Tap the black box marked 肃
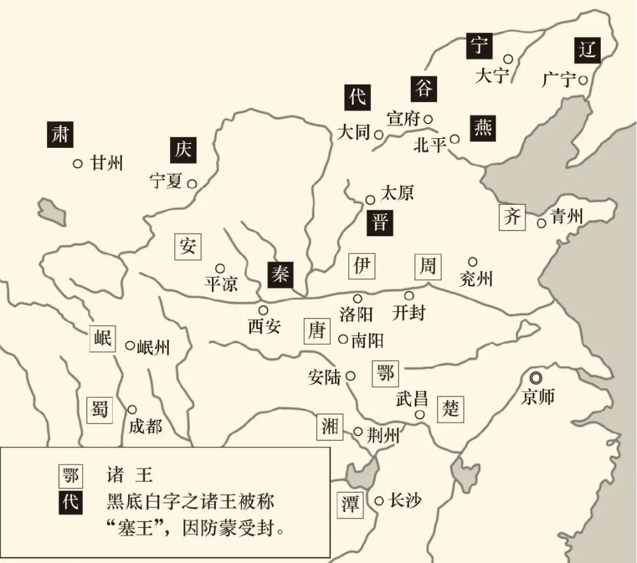tap(61, 135)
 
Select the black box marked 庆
tap(183, 150)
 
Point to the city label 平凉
tap(221, 283)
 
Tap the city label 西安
tap(264, 327)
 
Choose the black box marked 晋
tap(380, 223)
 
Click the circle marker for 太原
tap(370, 200)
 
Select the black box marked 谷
tap(424, 88)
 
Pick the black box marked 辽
tap(587, 49)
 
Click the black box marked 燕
tap(482, 128)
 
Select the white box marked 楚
tap(450, 408)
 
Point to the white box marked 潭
tap(350, 505)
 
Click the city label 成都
tap(145, 426)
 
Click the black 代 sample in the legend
tap(69, 501)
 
